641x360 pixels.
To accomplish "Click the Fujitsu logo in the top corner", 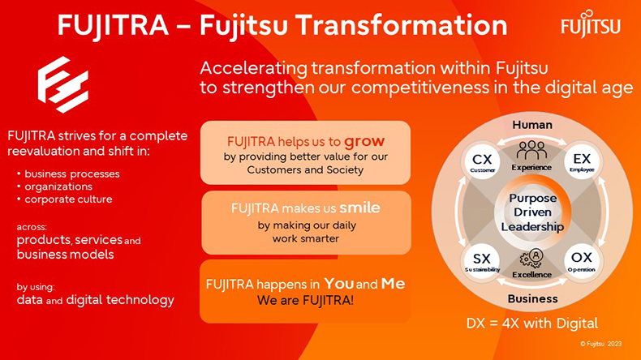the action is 591,24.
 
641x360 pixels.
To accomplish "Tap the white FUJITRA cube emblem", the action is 63,84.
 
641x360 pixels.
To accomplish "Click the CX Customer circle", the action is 483,162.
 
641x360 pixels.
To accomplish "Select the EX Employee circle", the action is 582,161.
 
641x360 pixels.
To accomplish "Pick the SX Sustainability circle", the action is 482,262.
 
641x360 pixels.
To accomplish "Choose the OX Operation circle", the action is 582,261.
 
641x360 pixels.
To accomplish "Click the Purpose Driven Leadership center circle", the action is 532,212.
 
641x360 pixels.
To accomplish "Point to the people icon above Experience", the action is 531,150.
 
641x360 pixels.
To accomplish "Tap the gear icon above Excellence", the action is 531,259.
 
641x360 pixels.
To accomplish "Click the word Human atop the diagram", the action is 532,125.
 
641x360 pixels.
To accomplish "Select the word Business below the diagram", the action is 532,298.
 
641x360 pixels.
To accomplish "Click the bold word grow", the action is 364,142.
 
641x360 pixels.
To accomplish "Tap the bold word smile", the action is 359,208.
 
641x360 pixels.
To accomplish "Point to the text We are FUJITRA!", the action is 305,300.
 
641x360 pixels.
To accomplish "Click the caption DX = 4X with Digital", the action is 532,324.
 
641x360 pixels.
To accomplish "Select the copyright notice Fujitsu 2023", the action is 601,344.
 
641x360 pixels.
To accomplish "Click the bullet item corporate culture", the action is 68,199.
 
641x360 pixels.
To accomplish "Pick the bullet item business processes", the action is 72,174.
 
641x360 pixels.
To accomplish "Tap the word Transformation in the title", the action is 401,25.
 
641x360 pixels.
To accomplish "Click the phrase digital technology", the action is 120,300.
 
